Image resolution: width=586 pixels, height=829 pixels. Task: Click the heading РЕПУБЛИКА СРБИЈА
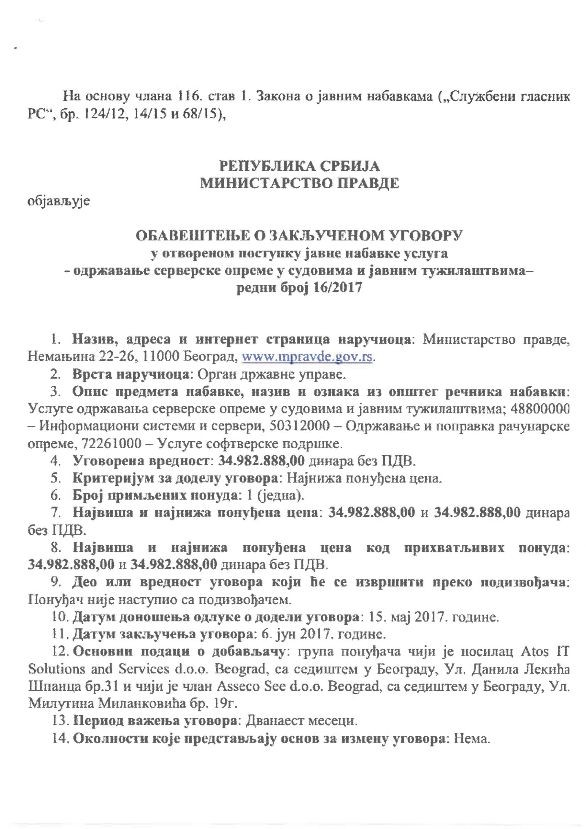pos(299,166)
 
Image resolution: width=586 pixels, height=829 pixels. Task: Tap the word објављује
pos(59,201)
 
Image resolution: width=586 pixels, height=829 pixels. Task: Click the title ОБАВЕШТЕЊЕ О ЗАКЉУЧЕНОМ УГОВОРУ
pos(299,236)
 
